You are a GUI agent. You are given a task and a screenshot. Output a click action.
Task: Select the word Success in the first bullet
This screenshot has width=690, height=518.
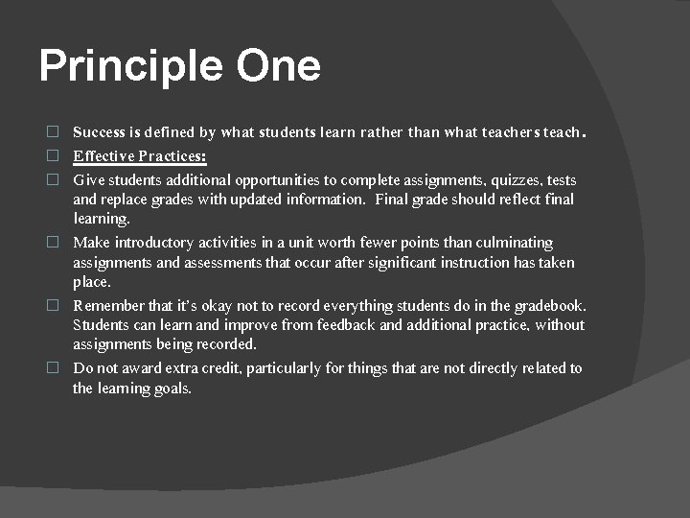click(101, 132)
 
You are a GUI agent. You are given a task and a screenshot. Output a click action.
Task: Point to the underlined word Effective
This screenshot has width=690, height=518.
click(102, 156)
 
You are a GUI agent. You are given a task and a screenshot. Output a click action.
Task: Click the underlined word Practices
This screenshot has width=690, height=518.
click(172, 156)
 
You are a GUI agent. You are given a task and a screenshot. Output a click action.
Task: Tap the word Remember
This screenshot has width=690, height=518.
click(108, 306)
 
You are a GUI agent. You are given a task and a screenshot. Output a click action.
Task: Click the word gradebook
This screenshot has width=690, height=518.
click(550, 306)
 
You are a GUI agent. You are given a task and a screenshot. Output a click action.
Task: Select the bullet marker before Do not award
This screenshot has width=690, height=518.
click(54, 368)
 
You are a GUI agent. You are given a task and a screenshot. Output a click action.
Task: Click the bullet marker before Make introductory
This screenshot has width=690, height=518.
click(54, 243)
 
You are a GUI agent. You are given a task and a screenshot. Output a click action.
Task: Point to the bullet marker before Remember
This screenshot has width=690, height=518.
click(54, 306)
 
